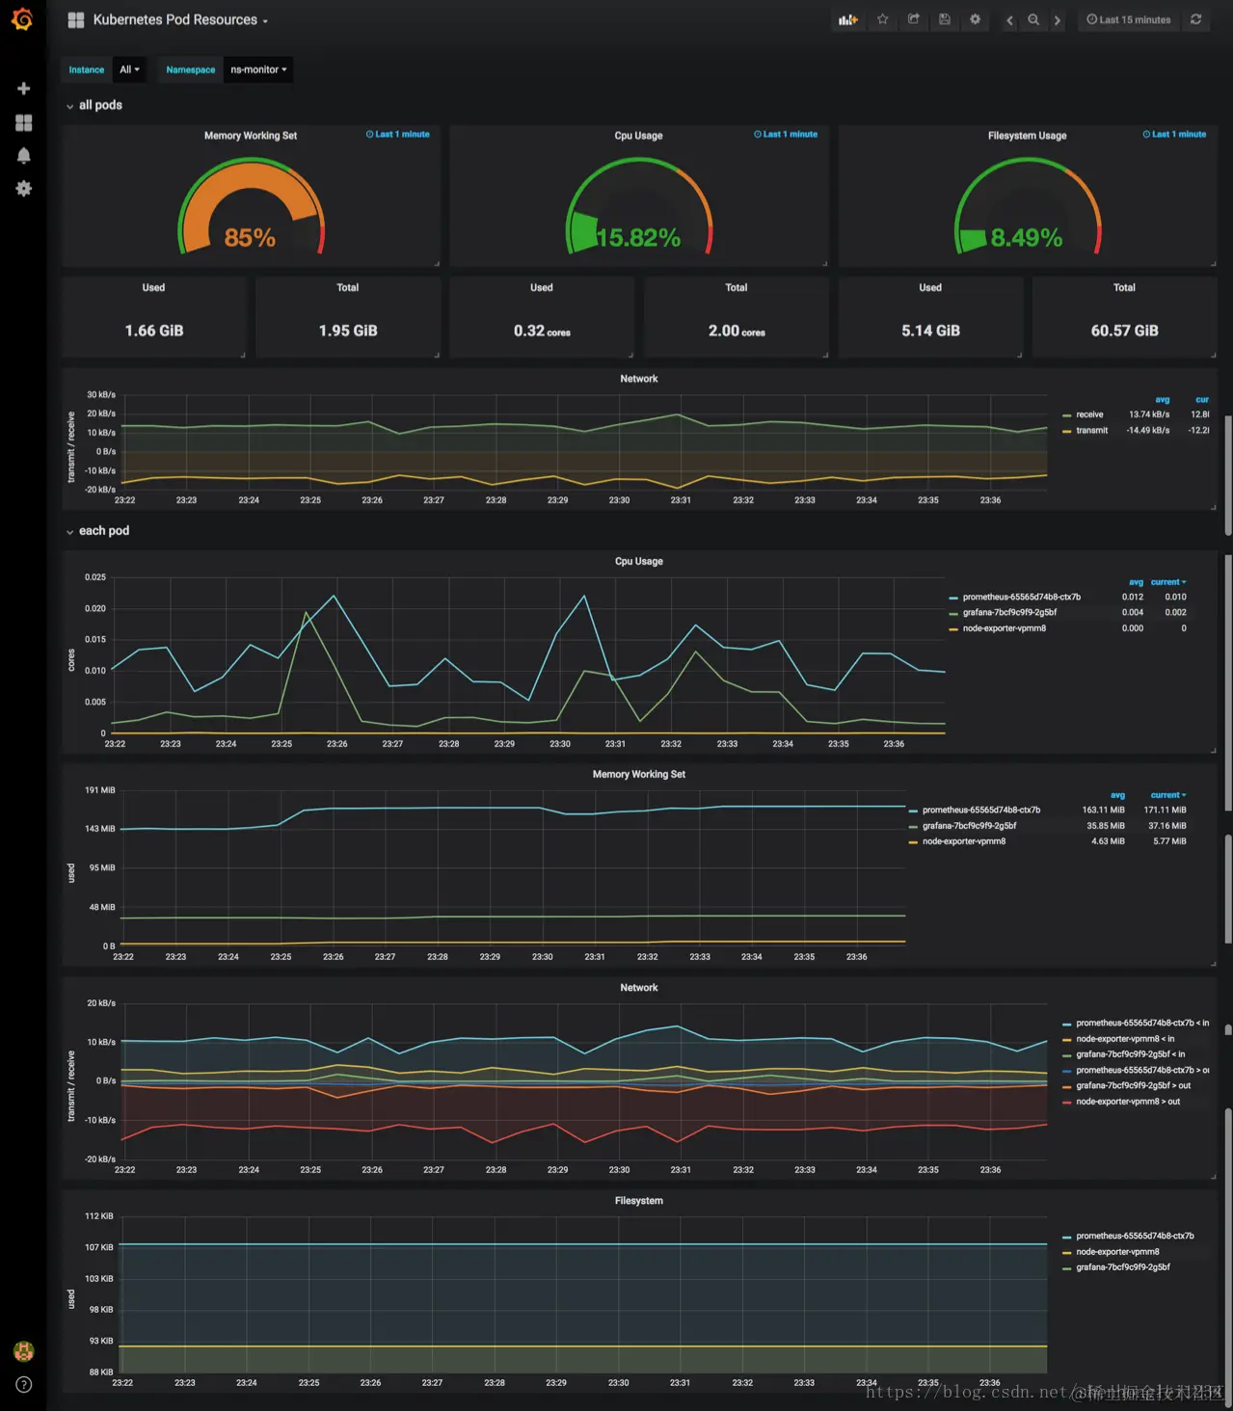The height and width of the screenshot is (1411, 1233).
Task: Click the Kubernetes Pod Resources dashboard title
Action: pos(175,20)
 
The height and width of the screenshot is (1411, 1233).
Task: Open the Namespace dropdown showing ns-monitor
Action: pos(257,69)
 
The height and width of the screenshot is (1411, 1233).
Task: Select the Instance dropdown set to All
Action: pos(129,69)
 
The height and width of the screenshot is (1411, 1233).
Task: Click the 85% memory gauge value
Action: pos(250,237)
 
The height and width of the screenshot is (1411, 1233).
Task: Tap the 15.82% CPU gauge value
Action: pos(638,237)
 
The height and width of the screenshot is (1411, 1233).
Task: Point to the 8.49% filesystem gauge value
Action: pos(1026,237)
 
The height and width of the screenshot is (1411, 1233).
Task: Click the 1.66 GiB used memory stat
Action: pos(154,331)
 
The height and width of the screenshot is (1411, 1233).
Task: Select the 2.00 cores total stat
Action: pos(737,331)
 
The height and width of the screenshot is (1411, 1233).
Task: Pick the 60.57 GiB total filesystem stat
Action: pos(1124,331)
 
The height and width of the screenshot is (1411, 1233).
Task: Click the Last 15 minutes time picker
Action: pos(1128,19)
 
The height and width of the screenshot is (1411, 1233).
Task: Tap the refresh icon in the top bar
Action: pos(1196,19)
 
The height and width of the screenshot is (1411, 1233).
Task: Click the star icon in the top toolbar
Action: pos(882,19)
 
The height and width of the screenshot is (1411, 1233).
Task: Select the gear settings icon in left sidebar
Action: pos(24,189)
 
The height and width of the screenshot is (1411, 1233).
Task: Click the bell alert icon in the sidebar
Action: pos(24,155)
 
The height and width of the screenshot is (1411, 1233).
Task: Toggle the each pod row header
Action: pos(103,531)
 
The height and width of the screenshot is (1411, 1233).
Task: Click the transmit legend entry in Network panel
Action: pos(1091,431)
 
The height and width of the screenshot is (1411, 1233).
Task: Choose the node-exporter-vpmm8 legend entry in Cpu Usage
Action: pos(1004,628)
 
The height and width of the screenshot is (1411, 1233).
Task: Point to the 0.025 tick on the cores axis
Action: pos(95,577)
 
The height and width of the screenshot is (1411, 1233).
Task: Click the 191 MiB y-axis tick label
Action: pos(100,790)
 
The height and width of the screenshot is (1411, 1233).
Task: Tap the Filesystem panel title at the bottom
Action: pos(638,1201)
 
